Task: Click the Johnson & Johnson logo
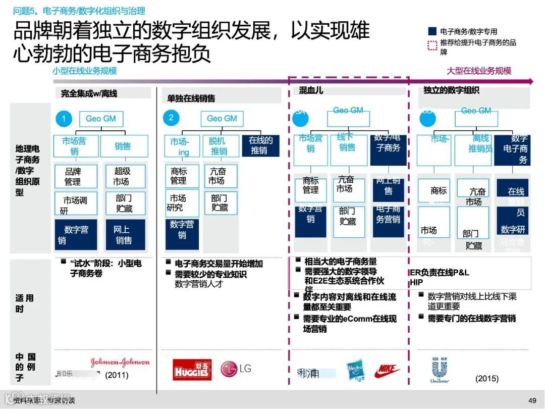point(120,362)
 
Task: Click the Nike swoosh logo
point(387,372)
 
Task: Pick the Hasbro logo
point(356,371)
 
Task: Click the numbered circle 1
point(64,119)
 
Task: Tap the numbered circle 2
point(171,118)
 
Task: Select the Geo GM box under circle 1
point(101,119)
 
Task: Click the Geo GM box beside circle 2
point(222,119)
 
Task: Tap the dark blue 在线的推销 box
point(261,145)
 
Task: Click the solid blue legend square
point(432,31)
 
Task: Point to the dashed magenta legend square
point(432,45)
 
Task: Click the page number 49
point(532,400)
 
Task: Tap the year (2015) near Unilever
point(486,378)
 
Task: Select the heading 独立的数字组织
point(452,90)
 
